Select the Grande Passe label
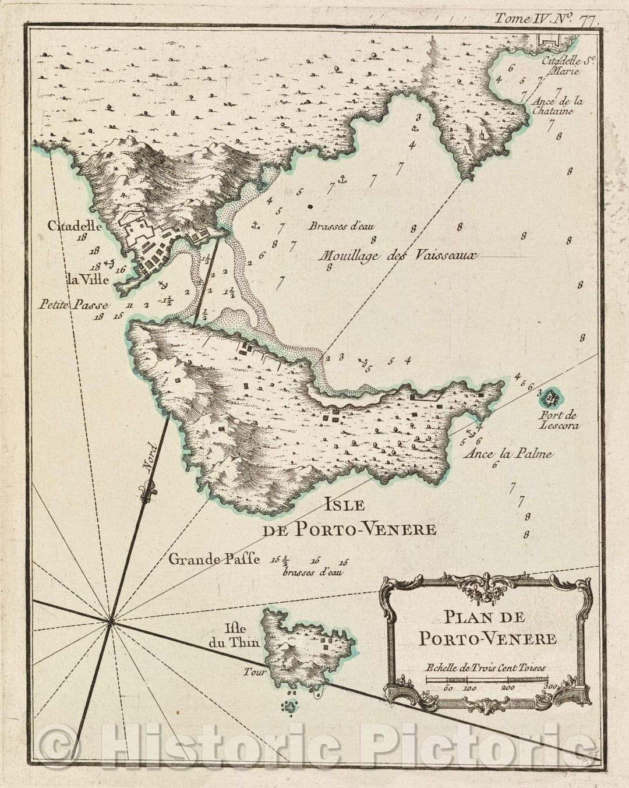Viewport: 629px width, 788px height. click(x=214, y=560)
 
